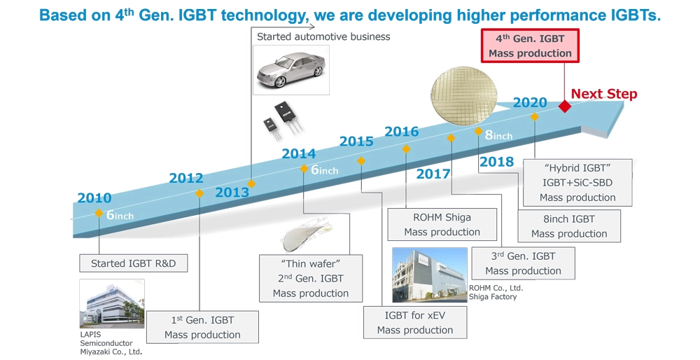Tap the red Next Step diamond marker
click(x=565, y=106)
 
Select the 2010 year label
click(x=94, y=198)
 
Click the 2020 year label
click(x=530, y=103)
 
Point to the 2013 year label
click(x=232, y=192)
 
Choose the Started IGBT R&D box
click(x=134, y=263)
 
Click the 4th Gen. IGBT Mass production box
click(x=530, y=46)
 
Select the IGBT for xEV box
click(x=415, y=322)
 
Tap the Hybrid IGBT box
click(x=577, y=183)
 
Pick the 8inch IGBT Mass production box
click(x=569, y=226)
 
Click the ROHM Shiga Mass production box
click(x=442, y=224)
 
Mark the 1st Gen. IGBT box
click(x=202, y=327)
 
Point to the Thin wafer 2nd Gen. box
click(x=311, y=279)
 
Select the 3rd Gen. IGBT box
click(x=523, y=263)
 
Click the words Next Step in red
click(x=604, y=94)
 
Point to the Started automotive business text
click(x=323, y=36)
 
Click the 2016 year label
click(x=402, y=132)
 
